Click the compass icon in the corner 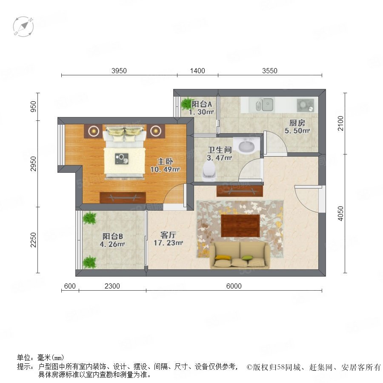coord(23,27)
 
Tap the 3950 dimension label coord(119,71)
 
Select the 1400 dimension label coord(197,71)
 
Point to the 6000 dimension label coord(234,286)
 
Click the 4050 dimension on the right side coord(340,214)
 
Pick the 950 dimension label coord(33,106)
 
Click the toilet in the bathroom coord(209,171)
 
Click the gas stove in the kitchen coord(305,105)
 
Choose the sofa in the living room coord(240,255)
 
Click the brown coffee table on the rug coord(240,226)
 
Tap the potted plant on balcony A coord(187,103)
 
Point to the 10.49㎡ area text coord(165,169)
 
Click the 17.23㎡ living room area coord(168,243)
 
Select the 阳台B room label coord(112,236)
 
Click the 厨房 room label coord(297,123)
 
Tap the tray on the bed coord(122,159)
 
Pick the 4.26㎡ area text coord(112,244)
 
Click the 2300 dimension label coord(112,286)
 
